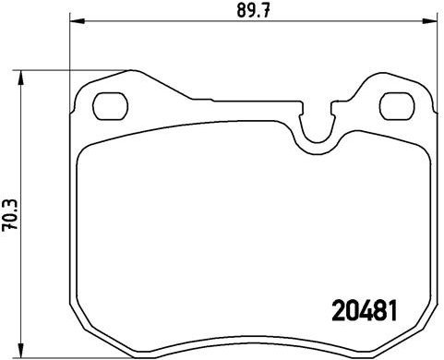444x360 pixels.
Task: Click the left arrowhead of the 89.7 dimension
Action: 77,22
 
